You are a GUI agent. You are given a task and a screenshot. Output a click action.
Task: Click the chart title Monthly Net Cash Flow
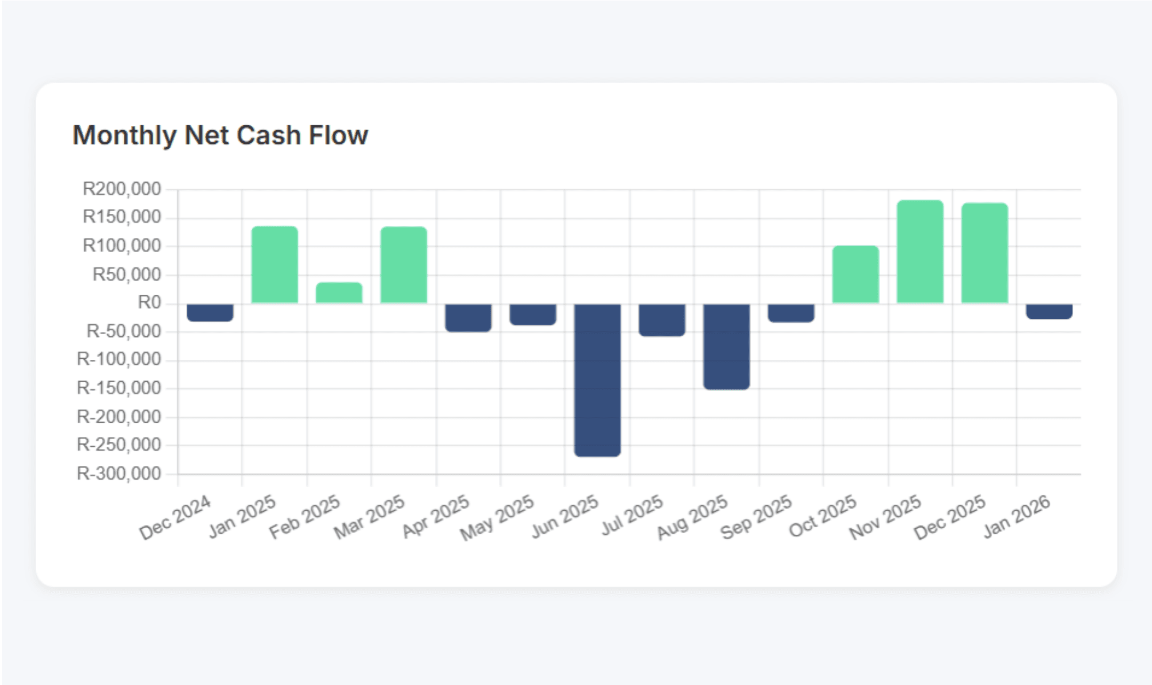(x=220, y=135)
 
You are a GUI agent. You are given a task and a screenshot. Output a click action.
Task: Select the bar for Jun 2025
(x=597, y=380)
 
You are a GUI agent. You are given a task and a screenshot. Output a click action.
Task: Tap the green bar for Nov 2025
(x=920, y=252)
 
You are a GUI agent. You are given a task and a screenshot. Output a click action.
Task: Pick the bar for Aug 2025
(x=726, y=346)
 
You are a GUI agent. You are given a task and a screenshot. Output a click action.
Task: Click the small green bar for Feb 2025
(x=339, y=293)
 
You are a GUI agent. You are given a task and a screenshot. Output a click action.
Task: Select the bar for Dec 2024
(x=210, y=312)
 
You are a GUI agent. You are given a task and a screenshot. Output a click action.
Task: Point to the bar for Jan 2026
(x=1049, y=311)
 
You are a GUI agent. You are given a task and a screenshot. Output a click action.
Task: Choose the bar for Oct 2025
(x=855, y=275)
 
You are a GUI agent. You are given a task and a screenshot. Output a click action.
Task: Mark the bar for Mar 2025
(x=404, y=265)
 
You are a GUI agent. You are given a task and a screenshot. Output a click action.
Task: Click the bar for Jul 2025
(x=662, y=320)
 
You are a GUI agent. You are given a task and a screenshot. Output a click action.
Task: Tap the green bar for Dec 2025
(x=985, y=253)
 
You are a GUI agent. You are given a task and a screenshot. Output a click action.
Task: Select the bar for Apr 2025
(x=468, y=318)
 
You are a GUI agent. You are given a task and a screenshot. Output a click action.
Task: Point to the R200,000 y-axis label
(x=122, y=189)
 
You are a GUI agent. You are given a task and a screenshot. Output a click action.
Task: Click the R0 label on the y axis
(x=149, y=303)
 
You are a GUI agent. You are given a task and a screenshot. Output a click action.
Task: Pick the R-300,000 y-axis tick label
(x=119, y=473)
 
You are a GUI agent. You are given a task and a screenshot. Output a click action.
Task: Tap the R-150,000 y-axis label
(x=119, y=388)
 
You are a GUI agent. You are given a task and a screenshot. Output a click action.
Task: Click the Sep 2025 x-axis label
(x=756, y=517)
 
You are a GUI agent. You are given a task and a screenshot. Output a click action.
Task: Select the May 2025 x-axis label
(x=498, y=517)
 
